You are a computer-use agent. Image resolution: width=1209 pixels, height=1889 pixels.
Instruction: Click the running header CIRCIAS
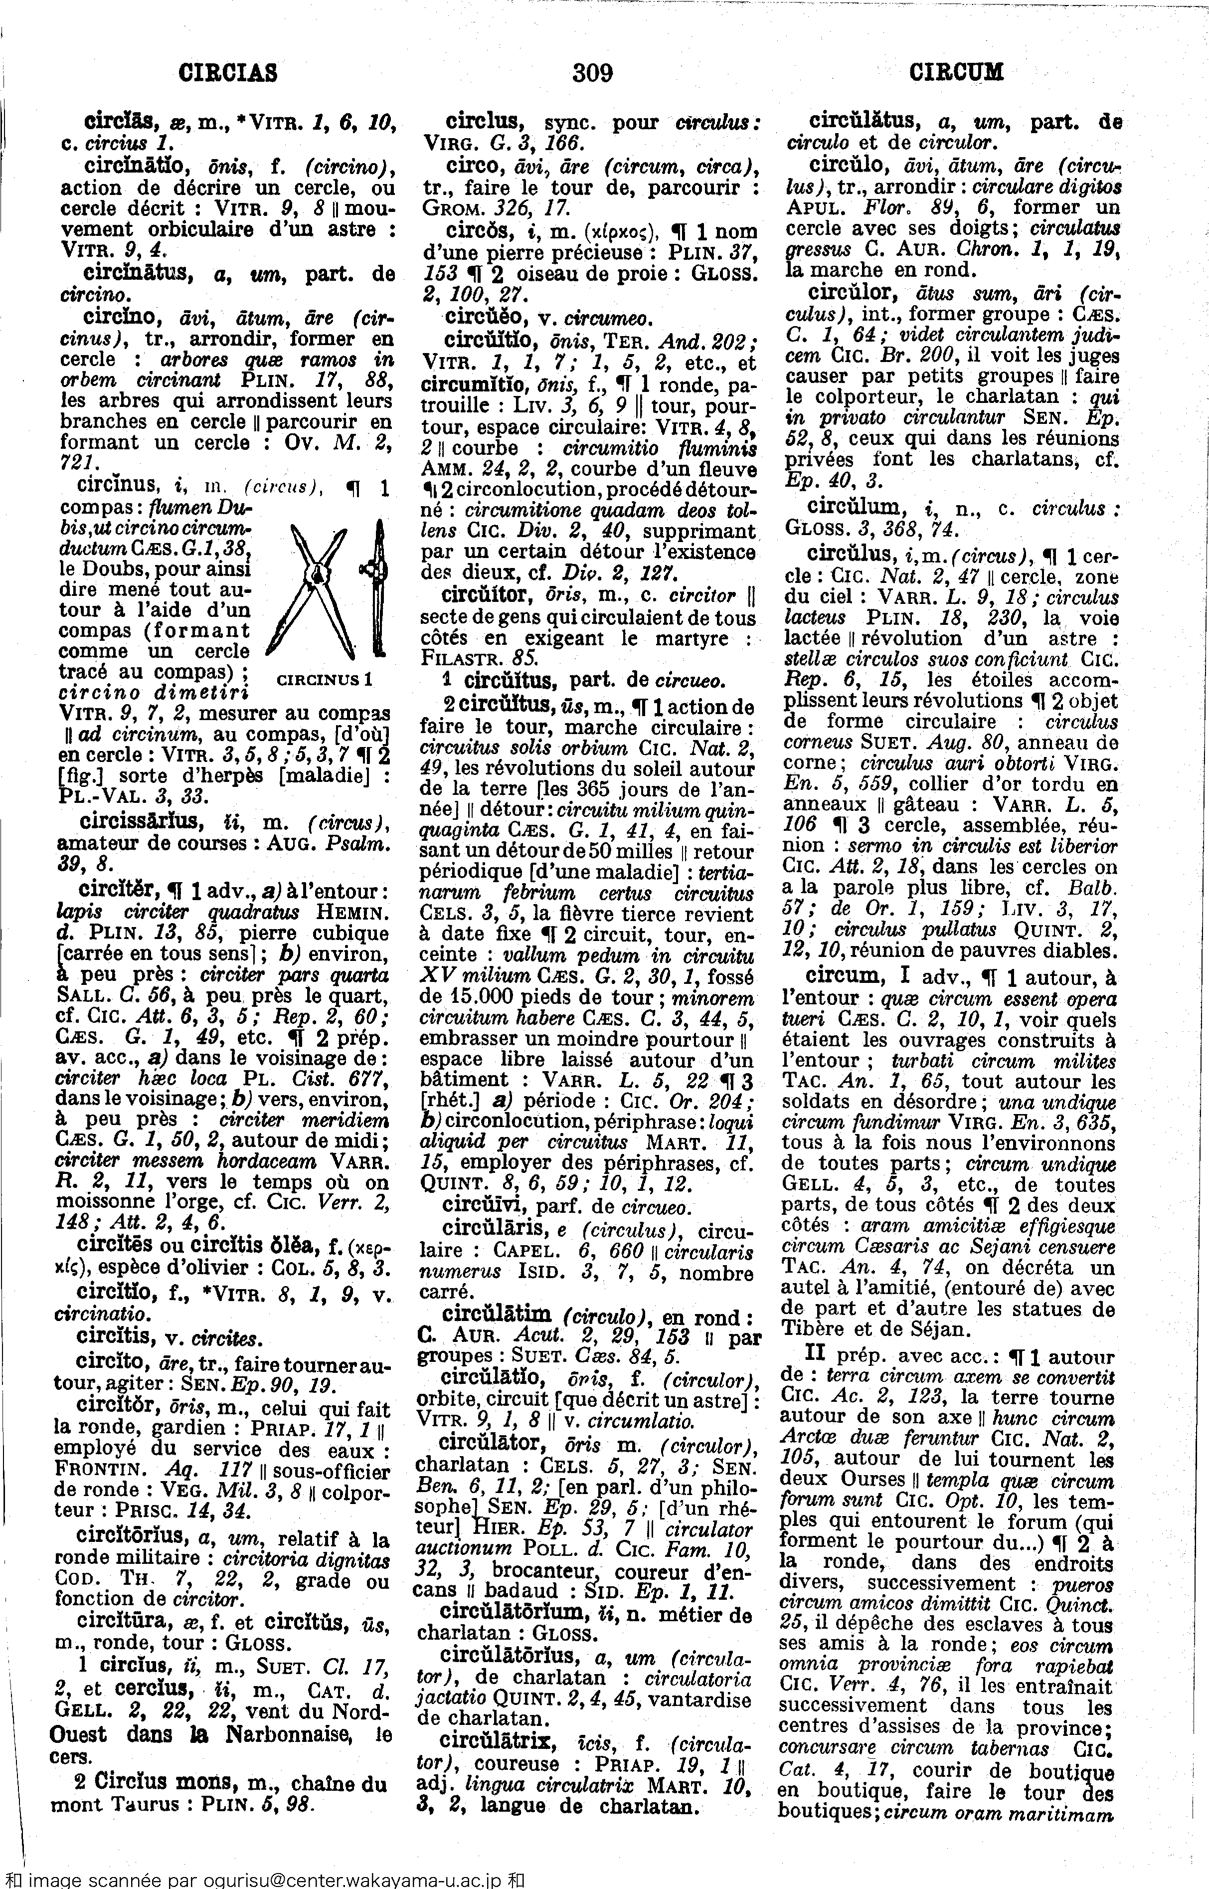228,73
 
